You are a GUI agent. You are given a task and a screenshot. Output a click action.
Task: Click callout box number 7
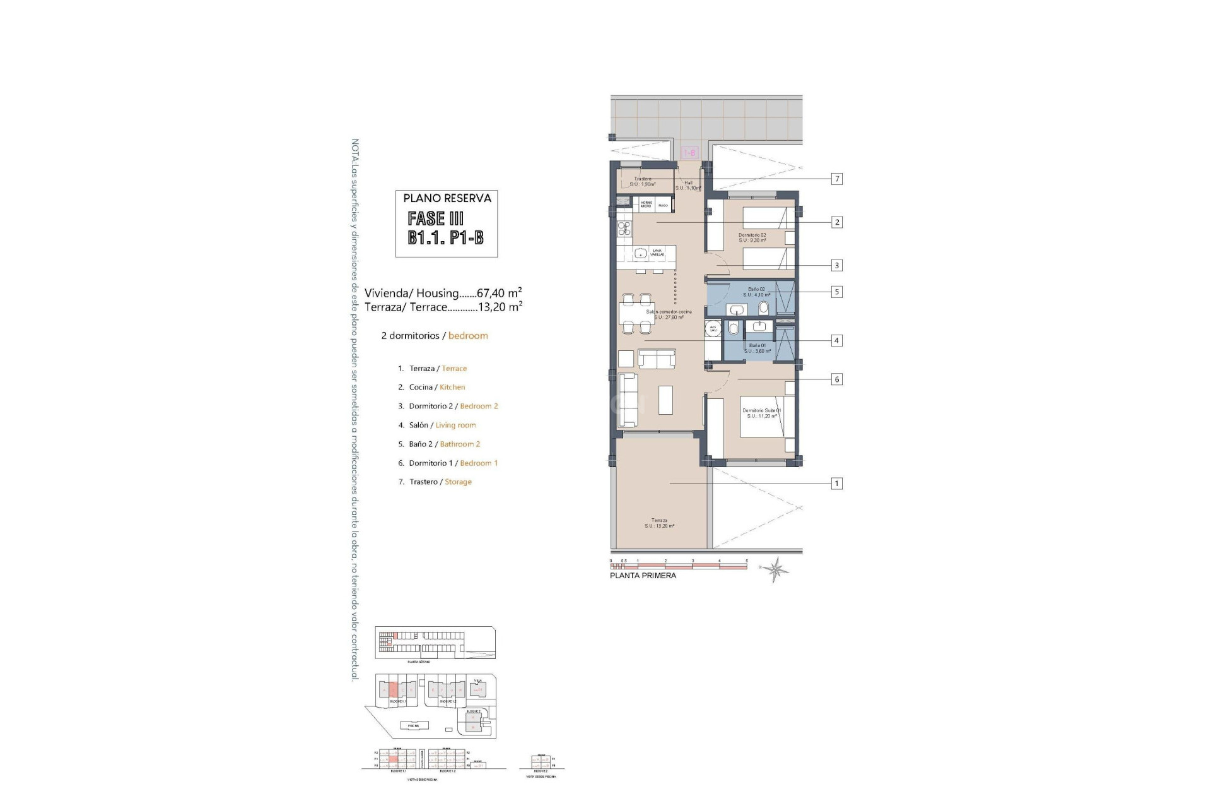click(837, 179)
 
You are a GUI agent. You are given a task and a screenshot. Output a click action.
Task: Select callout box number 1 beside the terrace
click(837, 484)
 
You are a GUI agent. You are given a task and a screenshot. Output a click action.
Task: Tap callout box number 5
click(837, 292)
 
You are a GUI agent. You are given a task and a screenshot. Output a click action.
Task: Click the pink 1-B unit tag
click(690, 153)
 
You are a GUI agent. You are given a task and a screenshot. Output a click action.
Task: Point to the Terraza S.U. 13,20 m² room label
click(659, 523)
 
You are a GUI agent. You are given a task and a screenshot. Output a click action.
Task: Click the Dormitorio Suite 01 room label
click(761, 413)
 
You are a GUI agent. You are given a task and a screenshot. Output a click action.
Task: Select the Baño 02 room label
click(756, 292)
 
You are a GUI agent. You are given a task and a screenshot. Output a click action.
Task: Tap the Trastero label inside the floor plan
click(644, 181)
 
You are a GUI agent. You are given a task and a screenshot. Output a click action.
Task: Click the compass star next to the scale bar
click(775, 569)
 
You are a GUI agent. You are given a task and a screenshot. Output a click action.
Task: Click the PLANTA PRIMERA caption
click(643, 576)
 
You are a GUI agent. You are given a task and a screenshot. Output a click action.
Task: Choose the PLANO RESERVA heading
click(447, 198)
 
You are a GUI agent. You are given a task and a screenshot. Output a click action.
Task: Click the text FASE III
click(435, 218)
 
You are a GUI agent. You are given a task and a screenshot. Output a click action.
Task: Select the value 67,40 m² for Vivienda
click(499, 293)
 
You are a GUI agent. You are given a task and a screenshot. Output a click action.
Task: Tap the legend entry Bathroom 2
click(460, 444)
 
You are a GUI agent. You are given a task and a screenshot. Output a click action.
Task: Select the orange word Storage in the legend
click(458, 482)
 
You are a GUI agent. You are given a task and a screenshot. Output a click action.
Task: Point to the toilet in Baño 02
click(764, 309)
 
